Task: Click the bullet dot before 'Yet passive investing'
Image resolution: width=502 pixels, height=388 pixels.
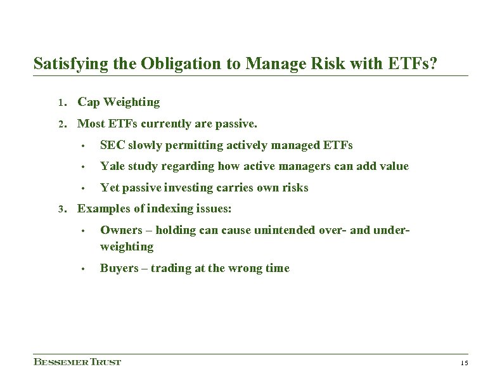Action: [82, 188]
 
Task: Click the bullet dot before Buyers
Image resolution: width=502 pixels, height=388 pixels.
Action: [82, 268]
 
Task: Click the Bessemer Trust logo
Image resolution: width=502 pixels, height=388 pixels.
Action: [77, 362]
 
